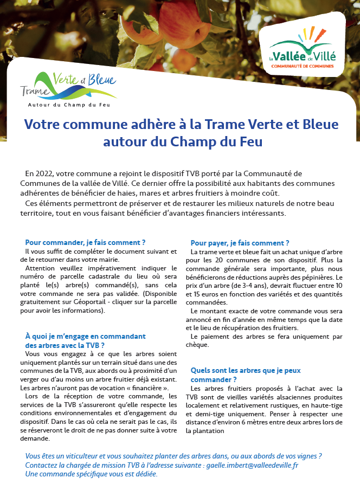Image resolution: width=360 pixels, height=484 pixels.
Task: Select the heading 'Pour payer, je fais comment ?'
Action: [x=240, y=243]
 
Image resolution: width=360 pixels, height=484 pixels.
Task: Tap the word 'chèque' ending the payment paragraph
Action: [x=197, y=345]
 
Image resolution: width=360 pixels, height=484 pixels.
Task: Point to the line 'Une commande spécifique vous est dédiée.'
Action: [x=91, y=474]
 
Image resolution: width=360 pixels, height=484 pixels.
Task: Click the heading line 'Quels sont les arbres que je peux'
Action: [x=246, y=370]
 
